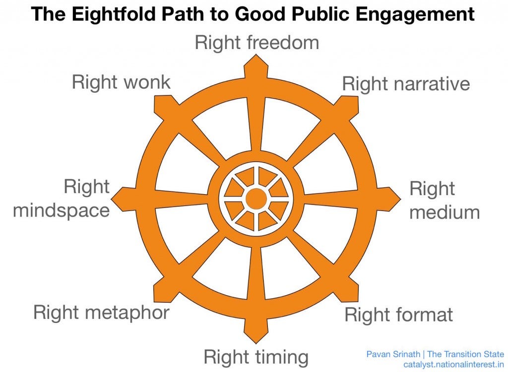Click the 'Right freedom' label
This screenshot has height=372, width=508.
[x=256, y=43]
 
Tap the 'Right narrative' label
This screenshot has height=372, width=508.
[x=406, y=84]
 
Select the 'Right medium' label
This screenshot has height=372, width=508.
[x=444, y=201]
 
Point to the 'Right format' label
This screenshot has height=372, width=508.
[x=398, y=314]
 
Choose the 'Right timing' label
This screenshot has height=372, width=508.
[x=256, y=357]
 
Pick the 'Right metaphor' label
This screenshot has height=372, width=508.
[x=101, y=313]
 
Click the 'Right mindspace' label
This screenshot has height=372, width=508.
[x=61, y=199]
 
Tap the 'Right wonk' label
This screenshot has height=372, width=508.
[x=121, y=82]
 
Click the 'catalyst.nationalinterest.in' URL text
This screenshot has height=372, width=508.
[x=453, y=364]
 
